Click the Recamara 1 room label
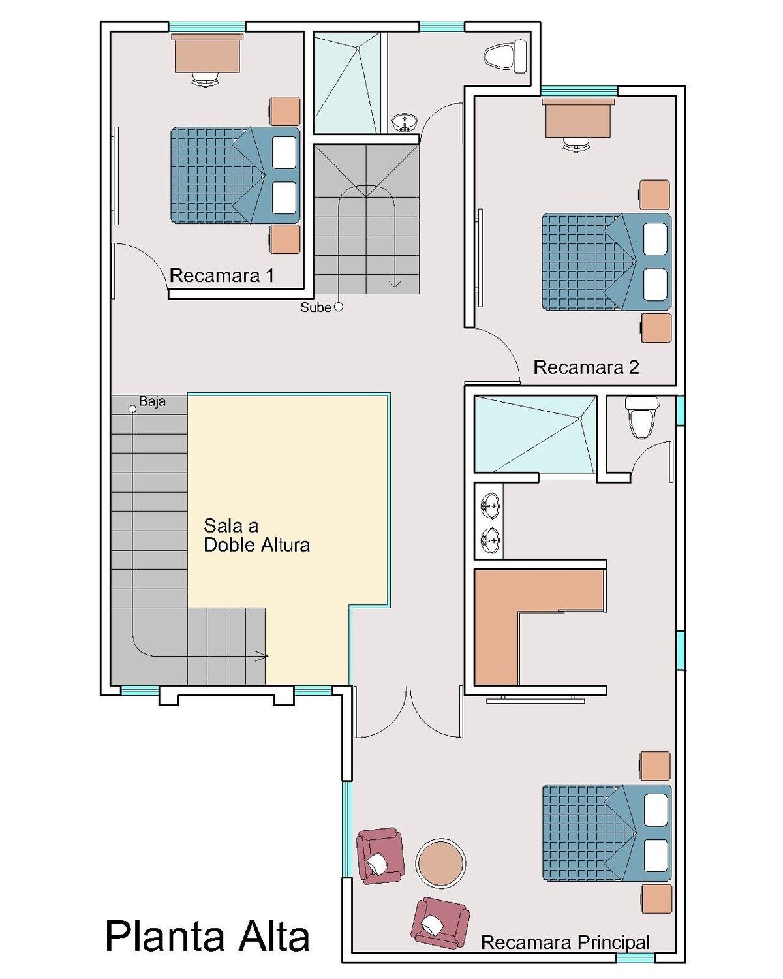(222, 275)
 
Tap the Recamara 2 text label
(586, 367)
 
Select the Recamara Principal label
(566, 942)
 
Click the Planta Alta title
(207, 937)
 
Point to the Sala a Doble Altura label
(256, 535)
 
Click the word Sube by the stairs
(315, 307)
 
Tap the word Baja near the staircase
(153, 401)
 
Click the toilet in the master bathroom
(641, 416)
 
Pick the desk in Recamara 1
(207, 53)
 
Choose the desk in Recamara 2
(578, 117)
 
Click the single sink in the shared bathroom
(405, 123)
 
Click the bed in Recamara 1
(235, 175)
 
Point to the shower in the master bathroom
(535, 434)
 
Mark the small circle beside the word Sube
(339, 307)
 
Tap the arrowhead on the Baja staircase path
(262, 656)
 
